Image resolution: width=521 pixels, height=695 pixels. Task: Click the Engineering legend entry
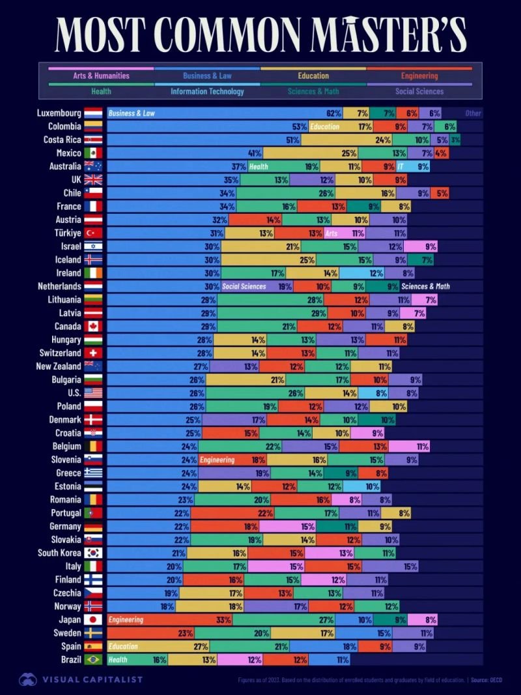(419, 76)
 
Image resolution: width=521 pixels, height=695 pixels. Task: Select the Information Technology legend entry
(207, 91)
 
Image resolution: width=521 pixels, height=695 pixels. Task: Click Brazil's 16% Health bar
(137, 660)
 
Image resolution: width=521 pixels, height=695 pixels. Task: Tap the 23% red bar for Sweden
(150, 633)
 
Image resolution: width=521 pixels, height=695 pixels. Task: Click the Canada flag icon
(93, 326)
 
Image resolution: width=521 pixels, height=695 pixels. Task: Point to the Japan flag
(93, 619)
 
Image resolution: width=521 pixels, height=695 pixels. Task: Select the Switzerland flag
(93, 353)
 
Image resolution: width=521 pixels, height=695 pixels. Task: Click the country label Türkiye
(64, 233)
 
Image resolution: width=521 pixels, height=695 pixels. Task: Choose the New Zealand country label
(59, 366)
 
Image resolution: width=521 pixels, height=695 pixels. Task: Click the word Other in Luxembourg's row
(473, 113)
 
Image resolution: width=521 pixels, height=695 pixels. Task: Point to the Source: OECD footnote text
(492, 680)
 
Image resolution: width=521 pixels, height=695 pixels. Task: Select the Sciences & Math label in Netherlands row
(425, 286)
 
